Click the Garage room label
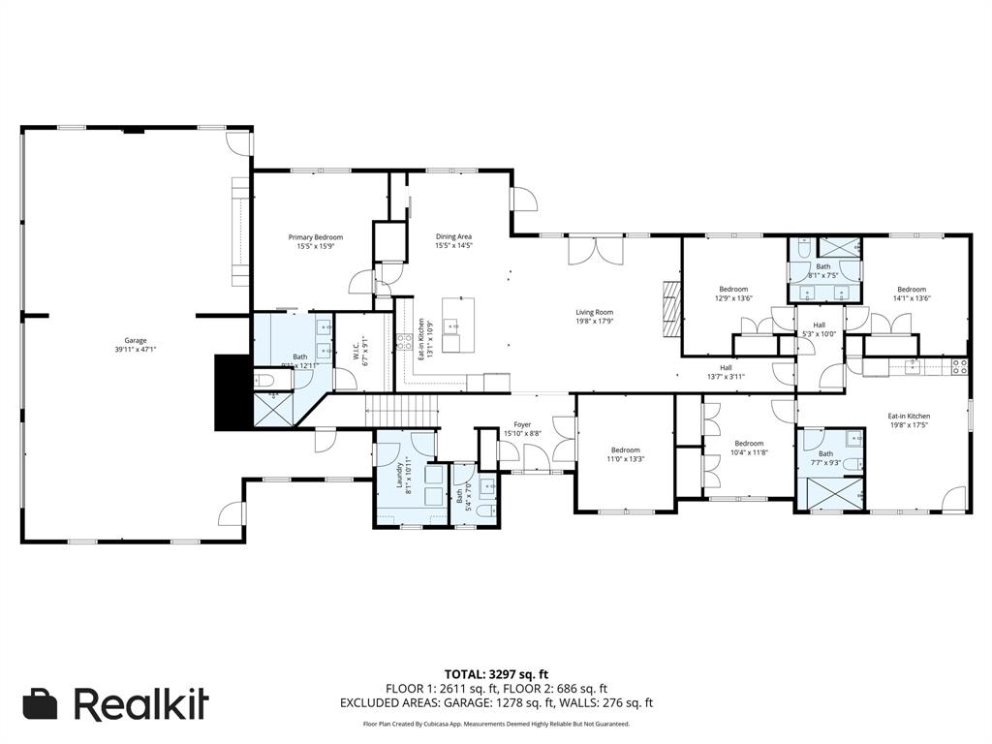[x=135, y=345]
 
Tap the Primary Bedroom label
[x=315, y=241]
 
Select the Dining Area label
[x=453, y=241]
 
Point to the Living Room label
[x=594, y=317]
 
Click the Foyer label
[x=522, y=428]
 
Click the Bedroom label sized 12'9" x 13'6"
[x=733, y=294]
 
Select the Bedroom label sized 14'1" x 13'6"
[x=911, y=294]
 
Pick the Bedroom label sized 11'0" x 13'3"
[x=625, y=453]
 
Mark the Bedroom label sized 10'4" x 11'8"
[x=748, y=448]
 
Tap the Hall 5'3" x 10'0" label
[x=819, y=329]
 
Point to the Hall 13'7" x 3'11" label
[x=726, y=372]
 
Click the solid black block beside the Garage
[x=232, y=391]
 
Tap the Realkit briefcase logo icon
[x=41, y=704]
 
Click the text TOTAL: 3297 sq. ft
[x=496, y=673]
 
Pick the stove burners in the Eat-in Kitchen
[x=959, y=366]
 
